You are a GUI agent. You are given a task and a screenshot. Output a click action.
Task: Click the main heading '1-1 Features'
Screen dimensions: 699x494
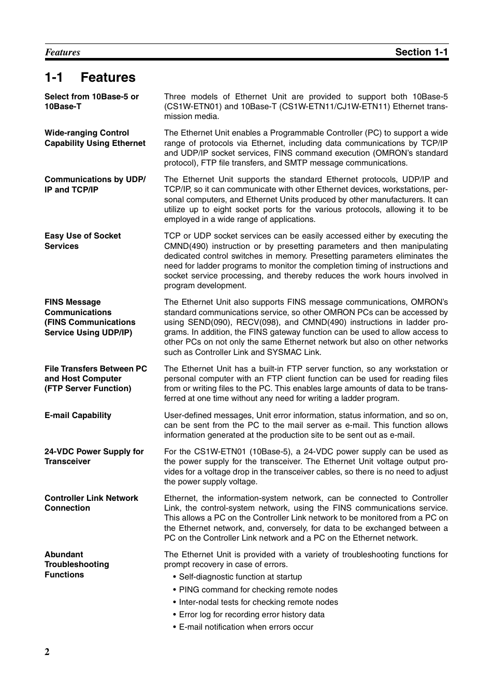click(90, 78)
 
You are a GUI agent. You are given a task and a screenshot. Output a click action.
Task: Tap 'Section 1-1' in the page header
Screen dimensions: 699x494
click(421, 52)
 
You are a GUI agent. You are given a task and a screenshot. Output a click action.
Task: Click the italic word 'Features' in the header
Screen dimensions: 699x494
click(63, 52)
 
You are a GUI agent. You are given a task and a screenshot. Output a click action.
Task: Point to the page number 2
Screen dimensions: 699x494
click(47, 651)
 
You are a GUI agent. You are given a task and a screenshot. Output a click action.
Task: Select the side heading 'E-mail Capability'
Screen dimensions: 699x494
click(78, 415)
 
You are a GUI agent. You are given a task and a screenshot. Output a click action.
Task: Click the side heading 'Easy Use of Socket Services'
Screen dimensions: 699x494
click(82, 241)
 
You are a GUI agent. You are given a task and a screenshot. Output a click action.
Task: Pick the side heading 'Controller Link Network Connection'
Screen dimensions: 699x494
click(91, 503)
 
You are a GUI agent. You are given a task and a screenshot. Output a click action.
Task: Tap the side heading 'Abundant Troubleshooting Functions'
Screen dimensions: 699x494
click(77, 564)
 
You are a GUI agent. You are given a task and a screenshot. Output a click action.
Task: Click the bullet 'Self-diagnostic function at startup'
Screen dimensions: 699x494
click(240, 577)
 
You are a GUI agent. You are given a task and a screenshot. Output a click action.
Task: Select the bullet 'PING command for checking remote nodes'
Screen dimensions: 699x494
click(258, 590)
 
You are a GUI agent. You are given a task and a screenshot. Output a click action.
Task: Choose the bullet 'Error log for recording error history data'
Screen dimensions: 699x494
click(252, 615)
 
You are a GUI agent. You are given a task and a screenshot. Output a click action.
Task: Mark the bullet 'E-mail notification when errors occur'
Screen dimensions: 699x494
click(246, 627)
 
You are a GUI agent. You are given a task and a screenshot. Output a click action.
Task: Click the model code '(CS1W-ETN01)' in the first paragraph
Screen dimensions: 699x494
click(193, 107)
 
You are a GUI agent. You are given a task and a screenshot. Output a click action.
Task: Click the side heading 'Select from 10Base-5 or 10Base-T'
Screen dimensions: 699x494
click(92, 101)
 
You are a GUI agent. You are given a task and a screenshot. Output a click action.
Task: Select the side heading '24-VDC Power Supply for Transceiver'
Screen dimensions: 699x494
click(94, 456)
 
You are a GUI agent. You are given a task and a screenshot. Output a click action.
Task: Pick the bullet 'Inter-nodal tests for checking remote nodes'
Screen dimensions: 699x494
click(258, 602)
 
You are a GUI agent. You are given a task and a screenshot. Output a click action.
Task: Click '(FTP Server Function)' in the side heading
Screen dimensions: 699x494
click(88, 389)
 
